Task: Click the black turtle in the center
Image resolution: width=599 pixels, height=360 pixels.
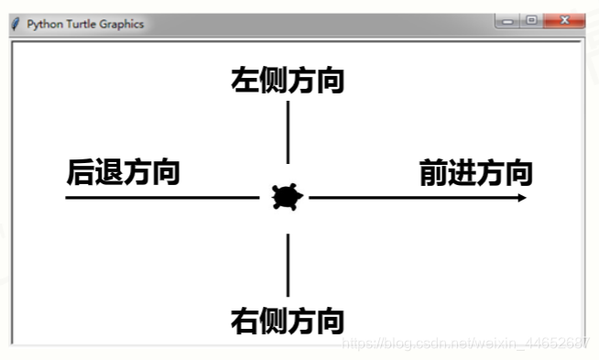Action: (x=287, y=197)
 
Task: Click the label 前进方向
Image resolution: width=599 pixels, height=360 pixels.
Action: (x=475, y=172)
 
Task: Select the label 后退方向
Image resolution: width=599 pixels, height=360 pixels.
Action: (x=123, y=171)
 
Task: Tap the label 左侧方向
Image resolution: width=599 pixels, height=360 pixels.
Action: (x=288, y=80)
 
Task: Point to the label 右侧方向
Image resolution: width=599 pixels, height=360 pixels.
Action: (x=288, y=321)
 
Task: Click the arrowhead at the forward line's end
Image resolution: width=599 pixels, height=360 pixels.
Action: (x=522, y=197)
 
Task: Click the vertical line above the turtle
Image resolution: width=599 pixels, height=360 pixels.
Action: (x=288, y=132)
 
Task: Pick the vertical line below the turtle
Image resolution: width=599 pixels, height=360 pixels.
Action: (x=288, y=265)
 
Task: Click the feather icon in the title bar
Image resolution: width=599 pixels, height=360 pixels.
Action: (x=16, y=24)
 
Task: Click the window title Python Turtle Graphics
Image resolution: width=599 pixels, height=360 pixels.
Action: (x=85, y=24)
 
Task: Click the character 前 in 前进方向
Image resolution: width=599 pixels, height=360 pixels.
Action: (x=433, y=172)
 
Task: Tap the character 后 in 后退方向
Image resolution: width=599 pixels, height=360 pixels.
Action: (x=81, y=171)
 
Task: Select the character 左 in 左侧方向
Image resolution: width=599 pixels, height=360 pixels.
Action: (x=245, y=80)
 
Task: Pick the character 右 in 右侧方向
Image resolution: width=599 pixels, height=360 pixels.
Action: (x=245, y=321)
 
